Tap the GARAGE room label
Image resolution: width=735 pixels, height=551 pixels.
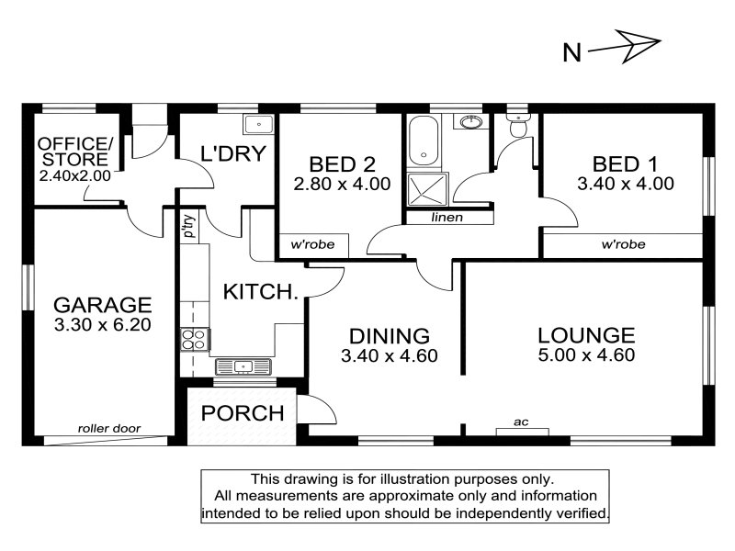pos(103,305)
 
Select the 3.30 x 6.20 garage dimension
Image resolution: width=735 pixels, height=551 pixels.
pos(103,325)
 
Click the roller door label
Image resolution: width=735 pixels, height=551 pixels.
pos(109,428)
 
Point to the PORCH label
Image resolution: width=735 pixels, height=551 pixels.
pos(243,413)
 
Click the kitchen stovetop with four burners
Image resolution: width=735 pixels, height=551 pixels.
pos(195,340)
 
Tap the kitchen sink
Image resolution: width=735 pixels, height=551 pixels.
pos(243,365)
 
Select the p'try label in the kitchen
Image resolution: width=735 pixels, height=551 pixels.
pos(189,226)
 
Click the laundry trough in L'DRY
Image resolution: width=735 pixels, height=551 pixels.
pos(258,125)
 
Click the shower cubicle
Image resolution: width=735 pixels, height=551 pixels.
pos(427,189)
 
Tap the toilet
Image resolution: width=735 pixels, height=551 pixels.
pos(518,125)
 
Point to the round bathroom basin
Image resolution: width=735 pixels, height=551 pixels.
pos(470,122)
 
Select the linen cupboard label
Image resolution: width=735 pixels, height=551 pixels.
pos(447,218)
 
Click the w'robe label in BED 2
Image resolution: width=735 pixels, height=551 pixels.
pos(312,244)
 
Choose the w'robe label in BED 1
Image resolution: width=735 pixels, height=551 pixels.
pos(623,244)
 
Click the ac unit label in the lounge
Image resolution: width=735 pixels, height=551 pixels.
pos(521,422)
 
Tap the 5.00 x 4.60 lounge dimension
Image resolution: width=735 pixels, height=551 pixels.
pos(586,354)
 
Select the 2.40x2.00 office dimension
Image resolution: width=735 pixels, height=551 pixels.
pos(75,175)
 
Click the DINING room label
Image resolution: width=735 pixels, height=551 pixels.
pos(390,336)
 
